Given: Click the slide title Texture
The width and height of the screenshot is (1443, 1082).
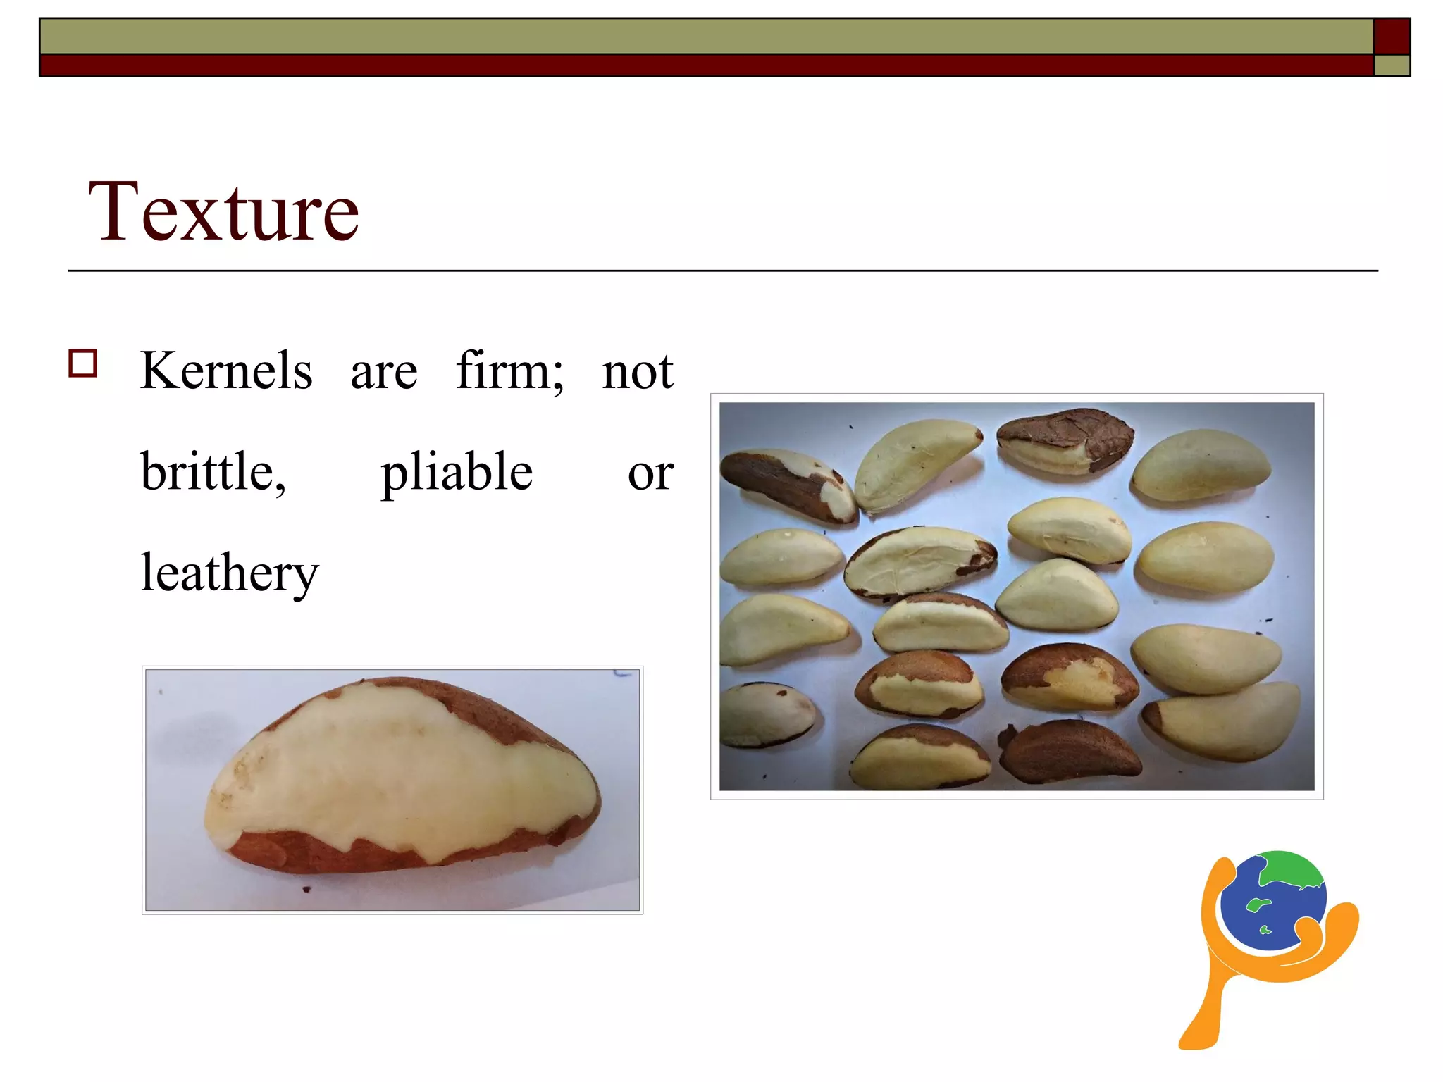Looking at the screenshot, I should tap(223, 211).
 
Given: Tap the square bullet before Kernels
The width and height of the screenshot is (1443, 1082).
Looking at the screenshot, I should tap(82, 363).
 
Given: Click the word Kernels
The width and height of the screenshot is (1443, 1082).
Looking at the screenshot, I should tap(226, 371).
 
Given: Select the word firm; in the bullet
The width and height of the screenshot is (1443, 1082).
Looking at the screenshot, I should tap(509, 371).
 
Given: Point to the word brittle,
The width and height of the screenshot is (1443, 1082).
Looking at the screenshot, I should tap(213, 471).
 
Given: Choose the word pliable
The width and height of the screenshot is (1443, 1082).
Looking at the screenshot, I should tap(457, 473).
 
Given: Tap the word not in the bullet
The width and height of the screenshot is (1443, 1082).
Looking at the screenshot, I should tap(637, 371).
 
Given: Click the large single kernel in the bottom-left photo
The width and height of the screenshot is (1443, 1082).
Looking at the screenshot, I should tap(402, 775).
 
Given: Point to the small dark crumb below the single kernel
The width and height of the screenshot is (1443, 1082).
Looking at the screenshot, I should tap(306, 889).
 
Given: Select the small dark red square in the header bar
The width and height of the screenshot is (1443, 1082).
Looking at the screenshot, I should tap(1392, 36).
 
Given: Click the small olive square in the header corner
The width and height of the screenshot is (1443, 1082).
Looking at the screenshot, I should tap(1392, 66).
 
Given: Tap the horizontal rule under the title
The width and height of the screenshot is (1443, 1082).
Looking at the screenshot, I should tap(722, 270).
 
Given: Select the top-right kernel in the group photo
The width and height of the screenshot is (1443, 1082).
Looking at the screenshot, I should tap(1201, 465).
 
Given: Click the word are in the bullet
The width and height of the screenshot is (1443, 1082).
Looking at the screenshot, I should tap(384, 372).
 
